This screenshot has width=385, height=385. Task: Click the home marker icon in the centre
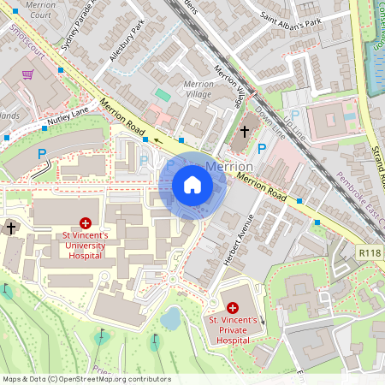[x=192, y=185]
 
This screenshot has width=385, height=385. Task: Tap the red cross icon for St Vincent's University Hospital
[x=84, y=222]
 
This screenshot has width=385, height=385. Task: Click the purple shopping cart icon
[x=28, y=75]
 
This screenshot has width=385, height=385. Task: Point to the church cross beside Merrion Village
[x=245, y=132]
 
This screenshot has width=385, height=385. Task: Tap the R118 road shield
[x=368, y=253]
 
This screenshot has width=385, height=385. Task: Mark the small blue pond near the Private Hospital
[x=170, y=319]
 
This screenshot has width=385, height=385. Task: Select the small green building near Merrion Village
[x=163, y=94]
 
